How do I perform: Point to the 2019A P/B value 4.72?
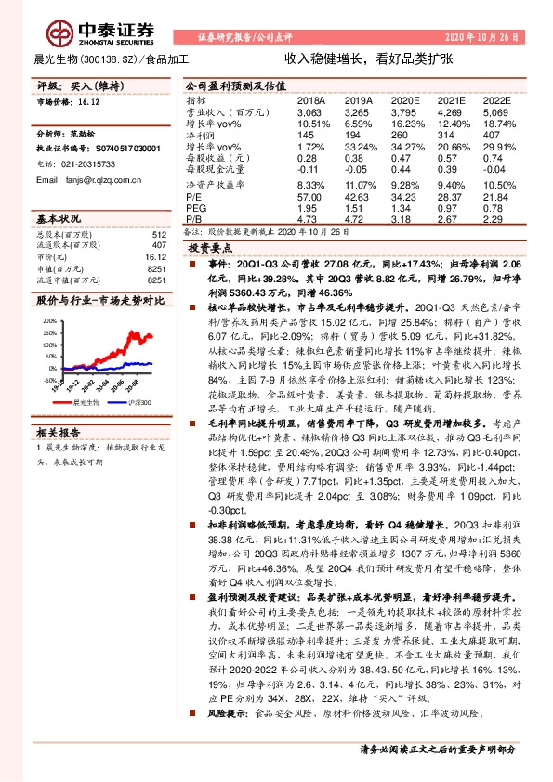coord(356,219)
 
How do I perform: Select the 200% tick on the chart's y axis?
coord(47,319)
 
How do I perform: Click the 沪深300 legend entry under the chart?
coord(137,404)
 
